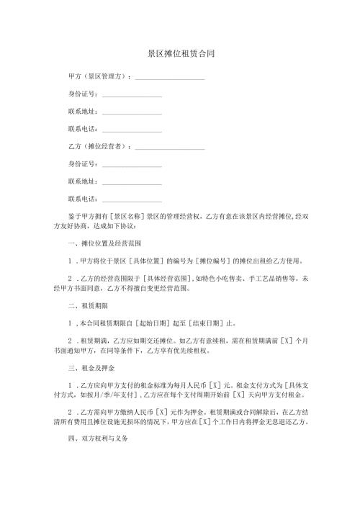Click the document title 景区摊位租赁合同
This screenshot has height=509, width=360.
click(180, 54)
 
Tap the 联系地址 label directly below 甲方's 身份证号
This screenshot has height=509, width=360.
click(81, 111)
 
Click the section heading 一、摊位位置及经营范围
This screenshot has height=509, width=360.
click(99, 243)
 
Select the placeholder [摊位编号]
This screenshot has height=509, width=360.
click(215, 261)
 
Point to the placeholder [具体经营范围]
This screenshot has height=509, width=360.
click(170, 278)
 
